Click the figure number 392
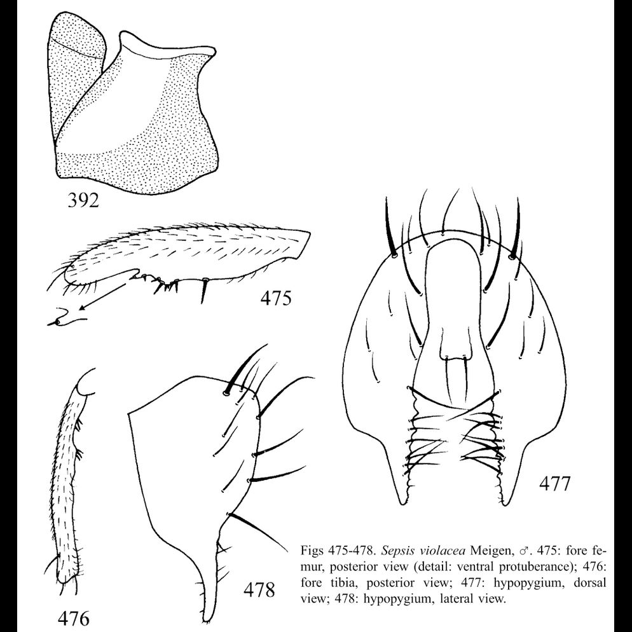(x=83, y=202)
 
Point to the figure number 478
(x=259, y=590)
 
